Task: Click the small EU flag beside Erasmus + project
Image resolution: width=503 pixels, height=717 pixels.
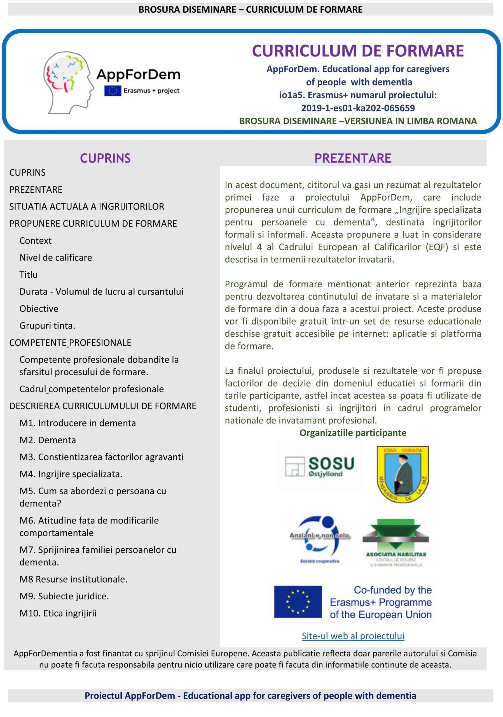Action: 113,90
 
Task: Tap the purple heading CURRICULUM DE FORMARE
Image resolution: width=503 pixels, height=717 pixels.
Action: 358,51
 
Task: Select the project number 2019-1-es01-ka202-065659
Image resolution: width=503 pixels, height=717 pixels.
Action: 358,108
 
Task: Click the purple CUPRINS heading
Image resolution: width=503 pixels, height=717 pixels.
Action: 105,158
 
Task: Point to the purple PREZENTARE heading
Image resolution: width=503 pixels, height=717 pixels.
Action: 353,158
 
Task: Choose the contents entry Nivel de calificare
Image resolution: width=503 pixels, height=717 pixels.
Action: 55,258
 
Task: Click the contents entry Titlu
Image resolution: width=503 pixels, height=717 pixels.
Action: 28,274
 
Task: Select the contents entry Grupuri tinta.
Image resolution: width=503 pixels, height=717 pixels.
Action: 47,326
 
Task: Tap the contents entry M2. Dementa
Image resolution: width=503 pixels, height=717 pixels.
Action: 47,440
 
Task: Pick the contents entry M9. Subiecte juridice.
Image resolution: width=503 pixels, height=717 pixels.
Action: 64,596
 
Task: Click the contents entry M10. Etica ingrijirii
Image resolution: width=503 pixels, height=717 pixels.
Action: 58,613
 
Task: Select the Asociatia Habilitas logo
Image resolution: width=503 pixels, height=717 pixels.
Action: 396,543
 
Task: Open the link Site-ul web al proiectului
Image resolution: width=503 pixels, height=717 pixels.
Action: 353,636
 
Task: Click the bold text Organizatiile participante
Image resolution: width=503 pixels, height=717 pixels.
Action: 353,433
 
